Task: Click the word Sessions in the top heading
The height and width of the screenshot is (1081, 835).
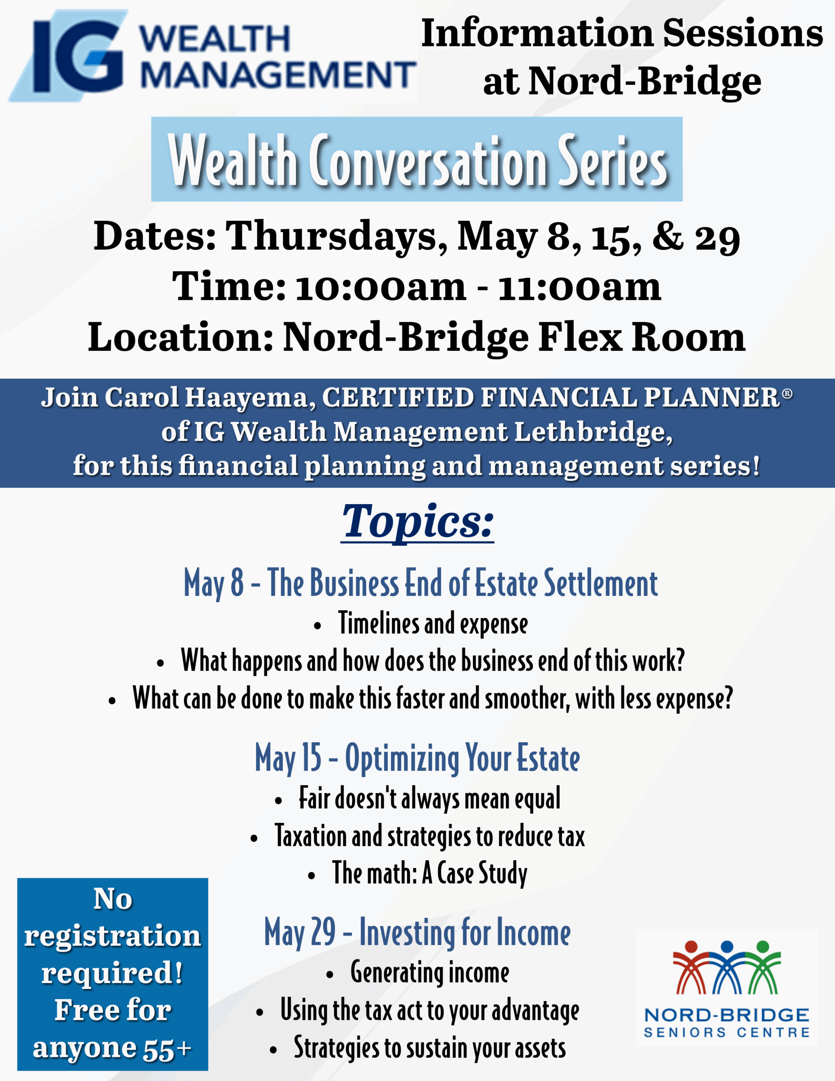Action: coord(743,34)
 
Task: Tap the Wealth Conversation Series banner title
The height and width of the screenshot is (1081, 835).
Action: coord(417,160)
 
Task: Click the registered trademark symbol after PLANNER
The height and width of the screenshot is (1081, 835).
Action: coord(787,394)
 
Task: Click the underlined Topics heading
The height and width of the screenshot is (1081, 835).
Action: coord(417,522)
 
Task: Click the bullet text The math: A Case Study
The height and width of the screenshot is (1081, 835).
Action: coord(430,873)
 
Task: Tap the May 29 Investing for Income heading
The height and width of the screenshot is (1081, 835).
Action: coord(417,934)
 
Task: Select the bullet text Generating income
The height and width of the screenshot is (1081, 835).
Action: coord(430,972)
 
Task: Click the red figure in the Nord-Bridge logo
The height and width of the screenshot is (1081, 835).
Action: coord(691,968)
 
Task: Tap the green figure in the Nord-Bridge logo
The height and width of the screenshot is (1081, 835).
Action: coord(763,968)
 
